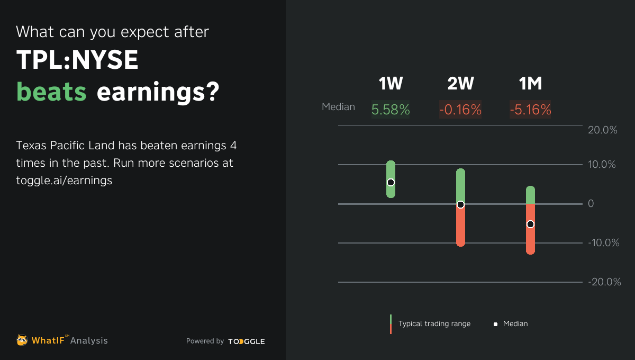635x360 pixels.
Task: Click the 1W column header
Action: [x=391, y=84]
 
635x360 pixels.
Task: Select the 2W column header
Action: [x=460, y=84]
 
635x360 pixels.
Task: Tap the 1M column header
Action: [x=530, y=84]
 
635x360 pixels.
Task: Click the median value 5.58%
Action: [x=391, y=110]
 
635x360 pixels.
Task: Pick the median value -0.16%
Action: [x=460, y=110]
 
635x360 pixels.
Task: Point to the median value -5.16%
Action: [x=530, y=110]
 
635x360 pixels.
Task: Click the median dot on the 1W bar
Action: [x=391, y=182]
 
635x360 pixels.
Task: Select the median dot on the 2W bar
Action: [x=460, y=204]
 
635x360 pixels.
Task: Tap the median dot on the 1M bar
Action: [x=530, y=224]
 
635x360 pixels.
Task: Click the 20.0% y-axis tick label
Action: [x=603, y=130]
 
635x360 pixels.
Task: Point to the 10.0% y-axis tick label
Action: [x=602, y=165]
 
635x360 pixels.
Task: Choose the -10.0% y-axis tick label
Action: [x=604, y=243]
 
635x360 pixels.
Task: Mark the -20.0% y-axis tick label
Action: [x=604, y=282]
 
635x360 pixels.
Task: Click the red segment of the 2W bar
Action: [x=460, y=228]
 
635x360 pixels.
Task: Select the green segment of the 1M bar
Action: [x=530, y=195]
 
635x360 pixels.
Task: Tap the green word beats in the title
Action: [x=51, y=92]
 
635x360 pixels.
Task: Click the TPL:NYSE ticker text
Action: [x=77, y=61]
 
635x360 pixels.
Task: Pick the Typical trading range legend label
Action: [x=434, y=323]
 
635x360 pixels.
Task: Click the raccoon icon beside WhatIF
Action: [x=22, y=340]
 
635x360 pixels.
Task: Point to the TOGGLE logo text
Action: [x=247, y=341]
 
